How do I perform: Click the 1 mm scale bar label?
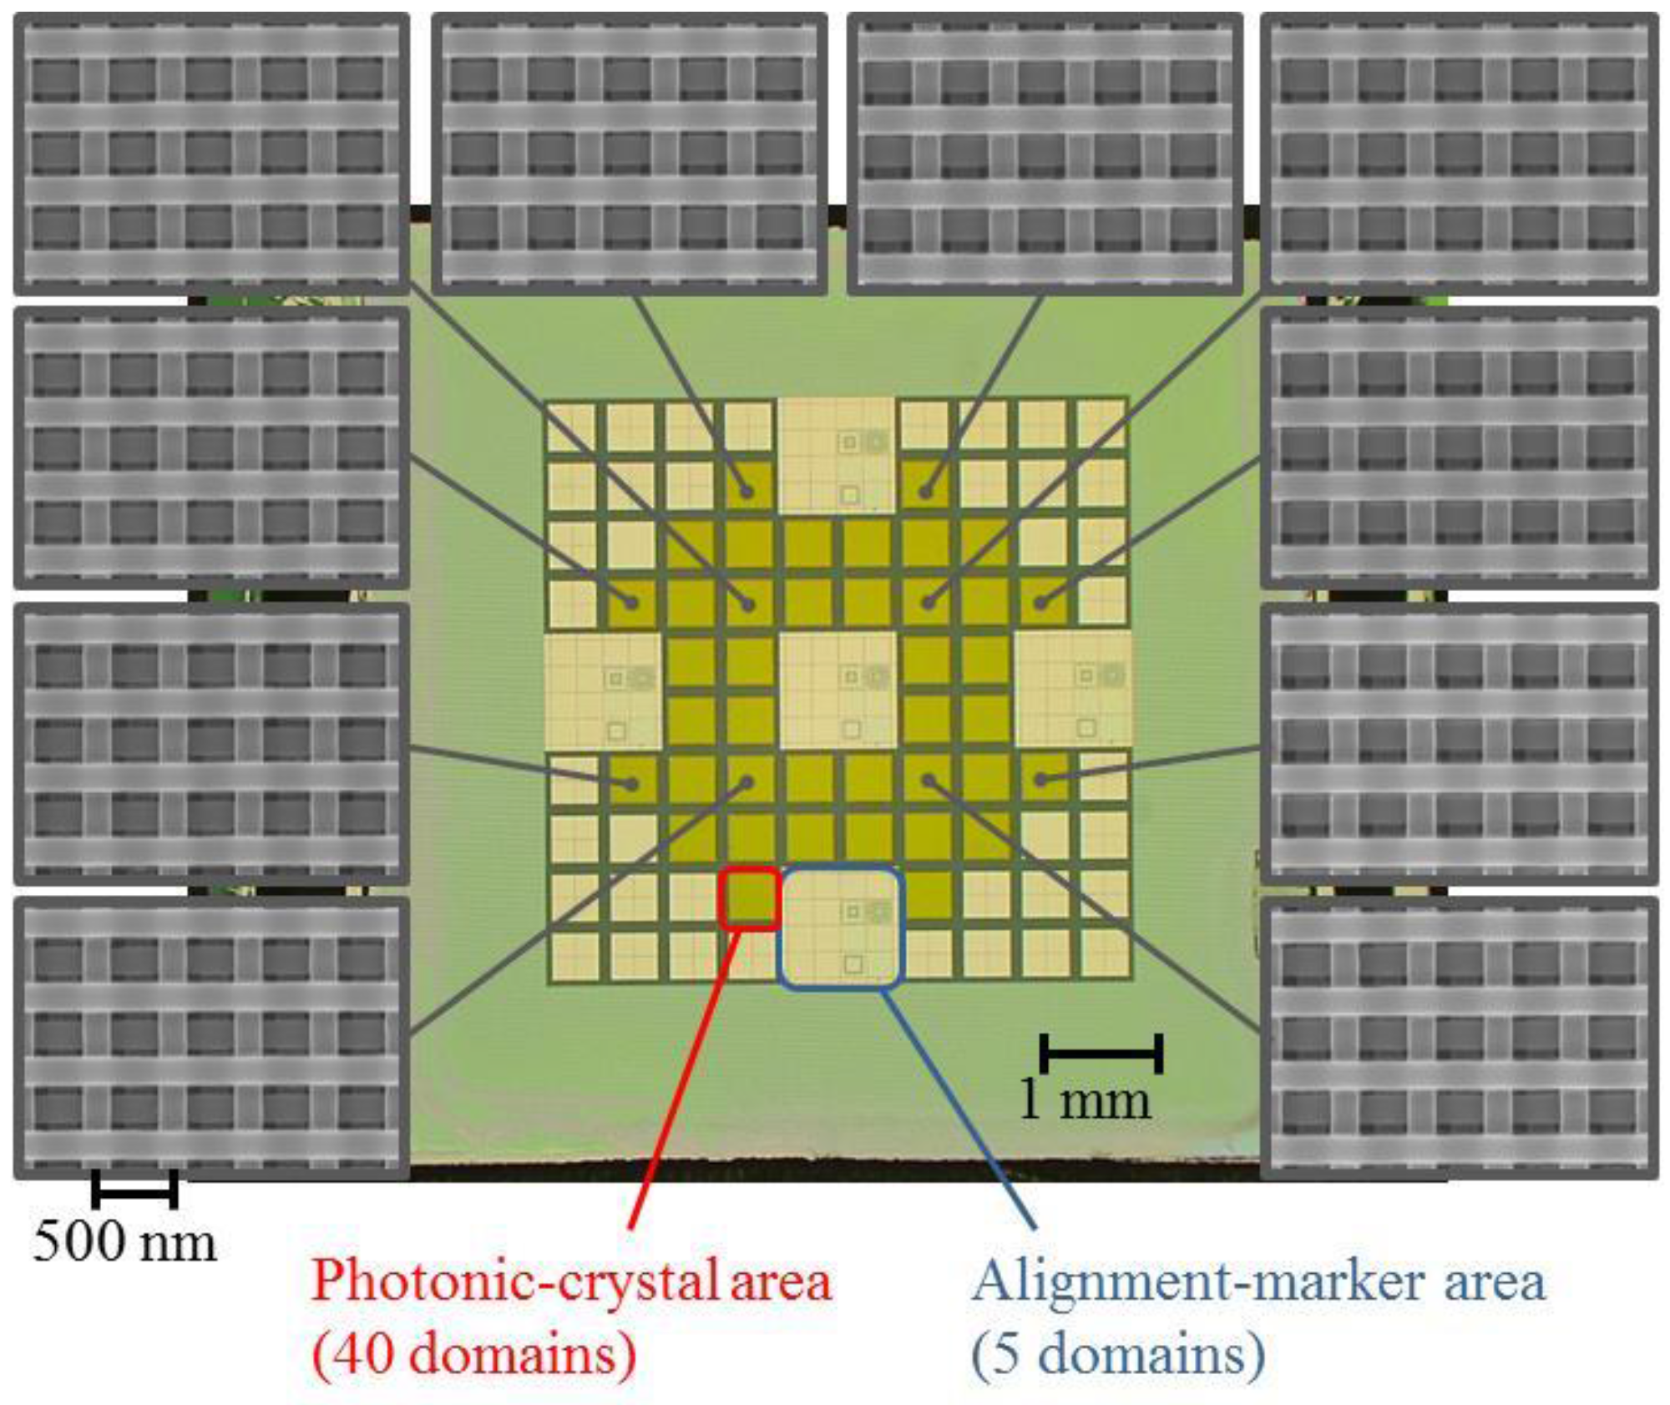tap(1085, 1101)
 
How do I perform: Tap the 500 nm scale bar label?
tap(124, 1241)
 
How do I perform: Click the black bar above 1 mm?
tap(1101, 1053)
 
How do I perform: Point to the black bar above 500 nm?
tap(134, 1188)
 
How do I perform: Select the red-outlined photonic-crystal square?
tap(750, 898)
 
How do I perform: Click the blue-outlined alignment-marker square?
tap(841, 927)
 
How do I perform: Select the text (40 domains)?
tap(473, 1352)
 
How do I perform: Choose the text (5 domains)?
tap(1117, 1352)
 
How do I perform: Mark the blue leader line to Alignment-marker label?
tap(960, 1110)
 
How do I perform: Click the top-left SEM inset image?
tap(212, 154)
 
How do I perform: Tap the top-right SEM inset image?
tap(1459, 154)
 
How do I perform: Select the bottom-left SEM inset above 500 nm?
tap(212, 1038)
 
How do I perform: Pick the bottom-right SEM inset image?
tap(1459, 1038)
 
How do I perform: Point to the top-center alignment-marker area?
tap(838, 455)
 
